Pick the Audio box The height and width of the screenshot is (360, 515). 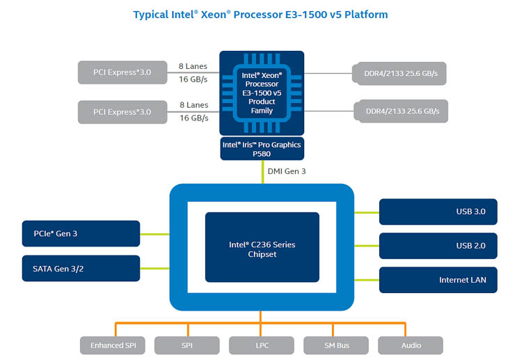pos(410,345)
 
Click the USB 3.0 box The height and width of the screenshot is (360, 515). pos(438,212)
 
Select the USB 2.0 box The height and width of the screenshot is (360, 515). pos(438,246)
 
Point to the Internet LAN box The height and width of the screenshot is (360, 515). pos(438,280)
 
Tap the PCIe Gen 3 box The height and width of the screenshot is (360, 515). pos(81,234)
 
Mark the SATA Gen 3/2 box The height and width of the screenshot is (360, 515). pos(81,268)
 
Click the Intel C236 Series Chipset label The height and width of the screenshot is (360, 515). pos(262,249)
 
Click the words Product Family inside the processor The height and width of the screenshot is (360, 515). pos(262,107)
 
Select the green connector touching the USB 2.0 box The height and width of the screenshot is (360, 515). pos(367,246)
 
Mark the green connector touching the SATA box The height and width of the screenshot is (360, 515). pos(155,268)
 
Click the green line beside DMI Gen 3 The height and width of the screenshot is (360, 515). pos(262,172)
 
